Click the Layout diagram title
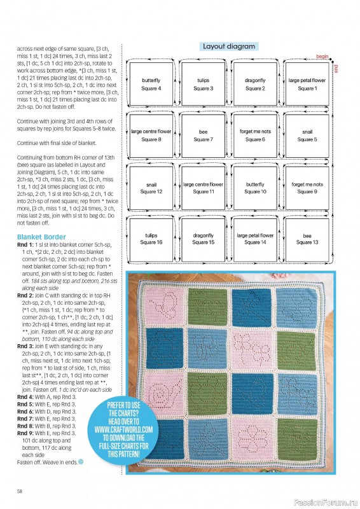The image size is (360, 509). (x=228, y=46)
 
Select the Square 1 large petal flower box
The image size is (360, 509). (x=307, y=85)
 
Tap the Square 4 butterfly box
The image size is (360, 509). (x=151, y=85)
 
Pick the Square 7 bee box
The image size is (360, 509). (x=203, y=136)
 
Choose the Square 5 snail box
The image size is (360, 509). (x=307, y=136)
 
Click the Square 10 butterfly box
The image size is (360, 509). (x=255, y=188)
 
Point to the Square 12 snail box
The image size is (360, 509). (x=151, y=188)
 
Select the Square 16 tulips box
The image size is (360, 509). (x=151, y=239)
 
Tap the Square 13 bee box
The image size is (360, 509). (x=307, y=239)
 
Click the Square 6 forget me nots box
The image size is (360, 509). (x=255, y=136)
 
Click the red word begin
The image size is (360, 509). (x=321, y=56)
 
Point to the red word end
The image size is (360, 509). (x=336, y=67)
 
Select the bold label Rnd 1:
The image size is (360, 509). (x=25, y=245)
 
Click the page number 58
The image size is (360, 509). (x=20, y=491)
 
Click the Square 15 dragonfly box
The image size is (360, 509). (x=203, y=239)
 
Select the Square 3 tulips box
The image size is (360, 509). (x=203, y=85)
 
